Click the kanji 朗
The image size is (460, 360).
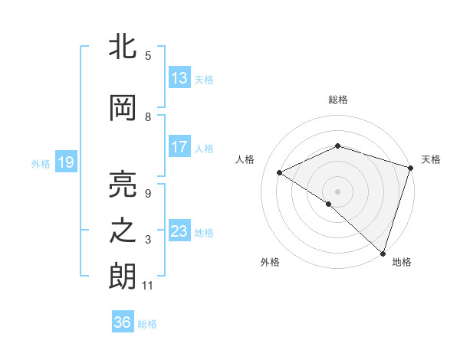[123, 277]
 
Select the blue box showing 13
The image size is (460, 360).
[179, 78]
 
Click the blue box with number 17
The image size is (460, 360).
[179, 147]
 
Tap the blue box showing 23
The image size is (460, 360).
[179, 231]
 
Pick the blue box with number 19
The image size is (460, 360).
[65, 162]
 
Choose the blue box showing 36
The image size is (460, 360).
[122, 322]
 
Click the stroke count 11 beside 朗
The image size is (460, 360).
[148, 286]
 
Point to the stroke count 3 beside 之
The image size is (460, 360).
[148, 240]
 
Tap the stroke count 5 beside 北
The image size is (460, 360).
[148, 55]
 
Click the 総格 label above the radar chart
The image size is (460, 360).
[337, 100]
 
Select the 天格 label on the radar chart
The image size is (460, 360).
[431, 159]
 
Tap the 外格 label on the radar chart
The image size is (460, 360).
[270, 262]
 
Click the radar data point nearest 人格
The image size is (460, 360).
[280, 172]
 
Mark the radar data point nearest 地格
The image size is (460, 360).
[383, 253]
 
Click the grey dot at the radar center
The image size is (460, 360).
[337, 190]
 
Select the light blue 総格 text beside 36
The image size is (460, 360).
[147, 324]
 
